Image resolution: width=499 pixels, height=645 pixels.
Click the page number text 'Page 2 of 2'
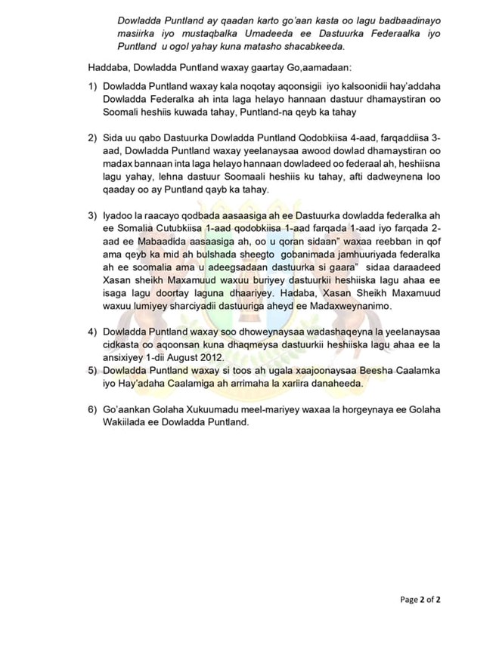[x=420, y=600]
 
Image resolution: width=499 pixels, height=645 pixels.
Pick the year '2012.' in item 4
[x=208, y=356]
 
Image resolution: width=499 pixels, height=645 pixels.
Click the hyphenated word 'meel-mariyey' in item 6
[x=256, y=409]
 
